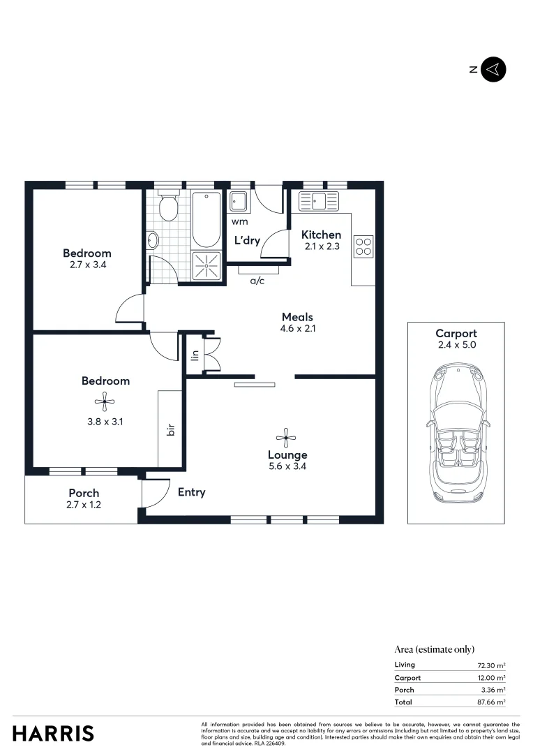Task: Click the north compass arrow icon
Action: [494, 69]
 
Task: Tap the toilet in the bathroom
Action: [168, 207]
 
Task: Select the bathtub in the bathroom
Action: [207, 219]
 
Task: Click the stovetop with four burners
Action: [363, 246]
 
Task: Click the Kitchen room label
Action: [321, 235]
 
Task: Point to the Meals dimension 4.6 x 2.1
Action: [298, 329]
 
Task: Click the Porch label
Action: [84, 493]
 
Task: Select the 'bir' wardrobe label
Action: [170, 430]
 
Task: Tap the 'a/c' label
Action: [257, 281]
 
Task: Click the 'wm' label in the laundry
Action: [239, 222]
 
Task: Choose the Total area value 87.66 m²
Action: [490, 702]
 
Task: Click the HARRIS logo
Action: [53, 734]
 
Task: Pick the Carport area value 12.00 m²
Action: [491, 678]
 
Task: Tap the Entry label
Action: [191, 492]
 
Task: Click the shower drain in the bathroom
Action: [207, 266]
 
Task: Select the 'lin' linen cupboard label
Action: [195, 355]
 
